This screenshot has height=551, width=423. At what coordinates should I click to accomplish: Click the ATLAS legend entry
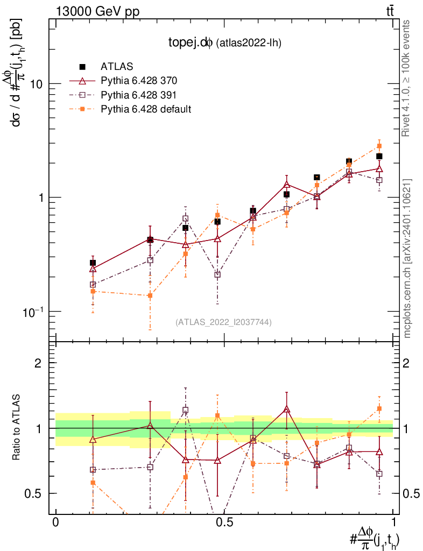click(117, 67)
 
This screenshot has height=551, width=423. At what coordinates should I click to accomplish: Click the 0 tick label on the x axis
click(55, 522)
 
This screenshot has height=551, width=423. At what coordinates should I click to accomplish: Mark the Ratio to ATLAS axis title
click(17, 428)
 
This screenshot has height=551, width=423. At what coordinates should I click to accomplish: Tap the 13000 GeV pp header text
click(97, 10)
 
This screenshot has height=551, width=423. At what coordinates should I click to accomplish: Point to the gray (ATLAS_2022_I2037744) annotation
click(223, 322)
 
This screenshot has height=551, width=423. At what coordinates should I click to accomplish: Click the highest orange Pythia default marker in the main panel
click(379, 146)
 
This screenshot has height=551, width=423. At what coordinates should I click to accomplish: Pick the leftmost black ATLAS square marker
click(93, 263)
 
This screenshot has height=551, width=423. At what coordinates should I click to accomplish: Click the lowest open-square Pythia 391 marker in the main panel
click(217, 274)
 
